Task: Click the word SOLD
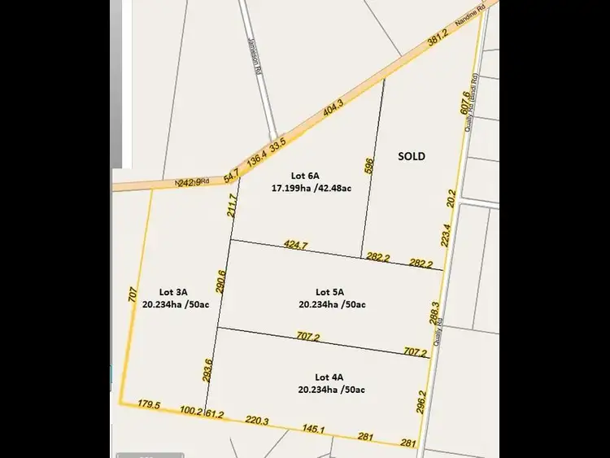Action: click(412, 156)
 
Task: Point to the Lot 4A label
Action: click(329, 377)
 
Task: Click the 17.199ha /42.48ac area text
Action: click(311, 188)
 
